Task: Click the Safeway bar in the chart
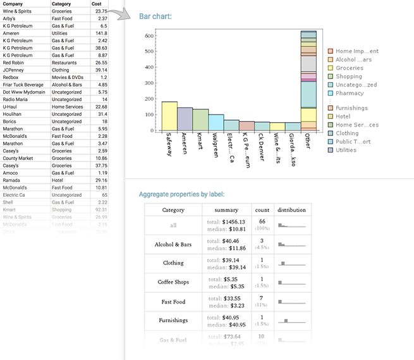(x=169, y=116)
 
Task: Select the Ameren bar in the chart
(x=185, y=119)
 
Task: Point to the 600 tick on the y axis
(x=149, y=35)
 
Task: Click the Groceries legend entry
(x=349, y=68)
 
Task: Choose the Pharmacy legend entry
(x=349, y=93)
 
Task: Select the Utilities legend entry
(x=346, y=150)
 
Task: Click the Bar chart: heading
(x=155, y=16)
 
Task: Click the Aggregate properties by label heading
(x=181, y=194)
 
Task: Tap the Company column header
(x=13, y=4)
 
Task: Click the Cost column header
(x=97, y=4)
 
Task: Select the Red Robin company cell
(x=14, y=63)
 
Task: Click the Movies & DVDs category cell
(x=67, y=77)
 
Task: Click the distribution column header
(x=291, y=209)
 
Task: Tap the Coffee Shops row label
(x=173, y=282)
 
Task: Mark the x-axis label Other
(x=308, y=140)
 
